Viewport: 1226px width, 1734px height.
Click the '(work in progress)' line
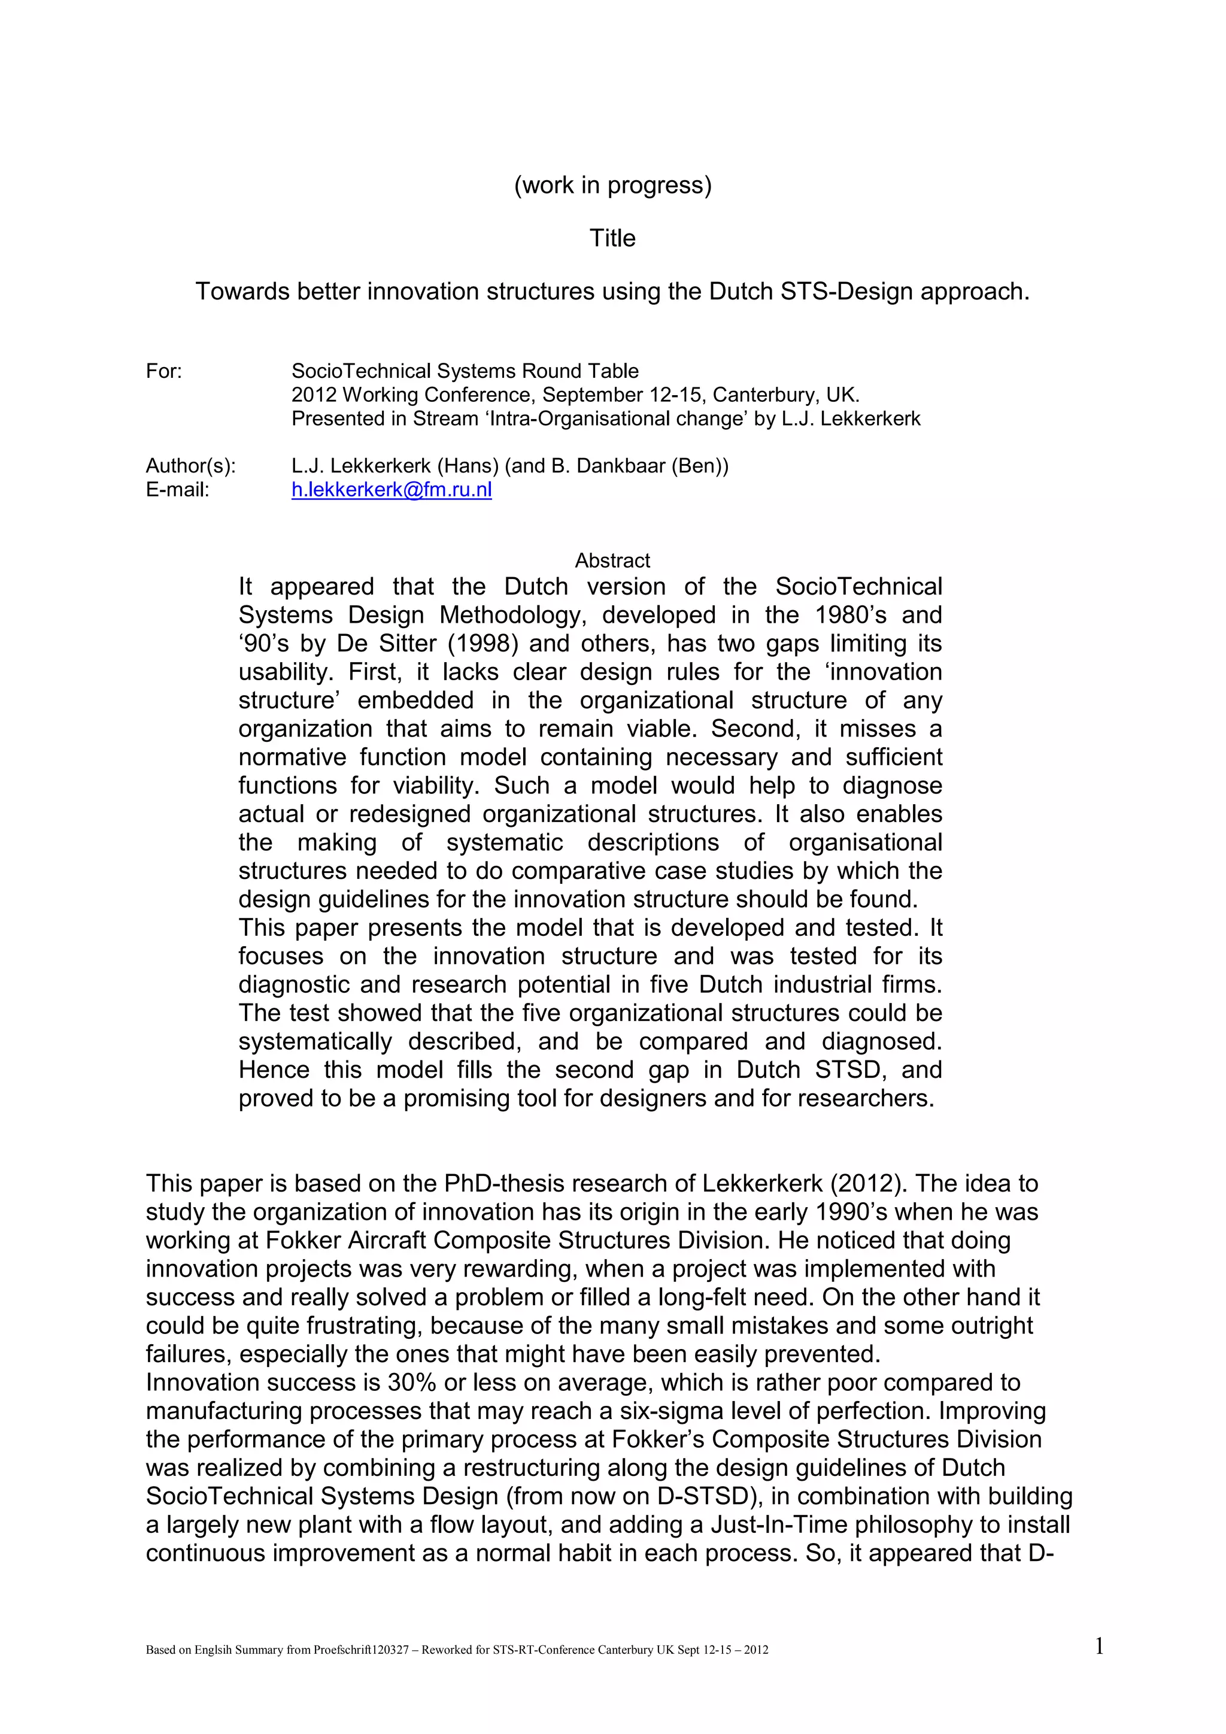(x=612, y=185)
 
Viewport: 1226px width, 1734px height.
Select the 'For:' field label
(x=164, y=372)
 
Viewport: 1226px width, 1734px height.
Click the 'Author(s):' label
(x=190, y=466)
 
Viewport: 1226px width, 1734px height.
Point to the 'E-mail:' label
(x=177, y=490)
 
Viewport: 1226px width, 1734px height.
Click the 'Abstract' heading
(x=612, y=560)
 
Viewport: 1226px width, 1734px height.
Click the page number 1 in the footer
(x=1099, y=1645)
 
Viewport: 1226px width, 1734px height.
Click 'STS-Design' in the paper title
(x=847, y=292)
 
